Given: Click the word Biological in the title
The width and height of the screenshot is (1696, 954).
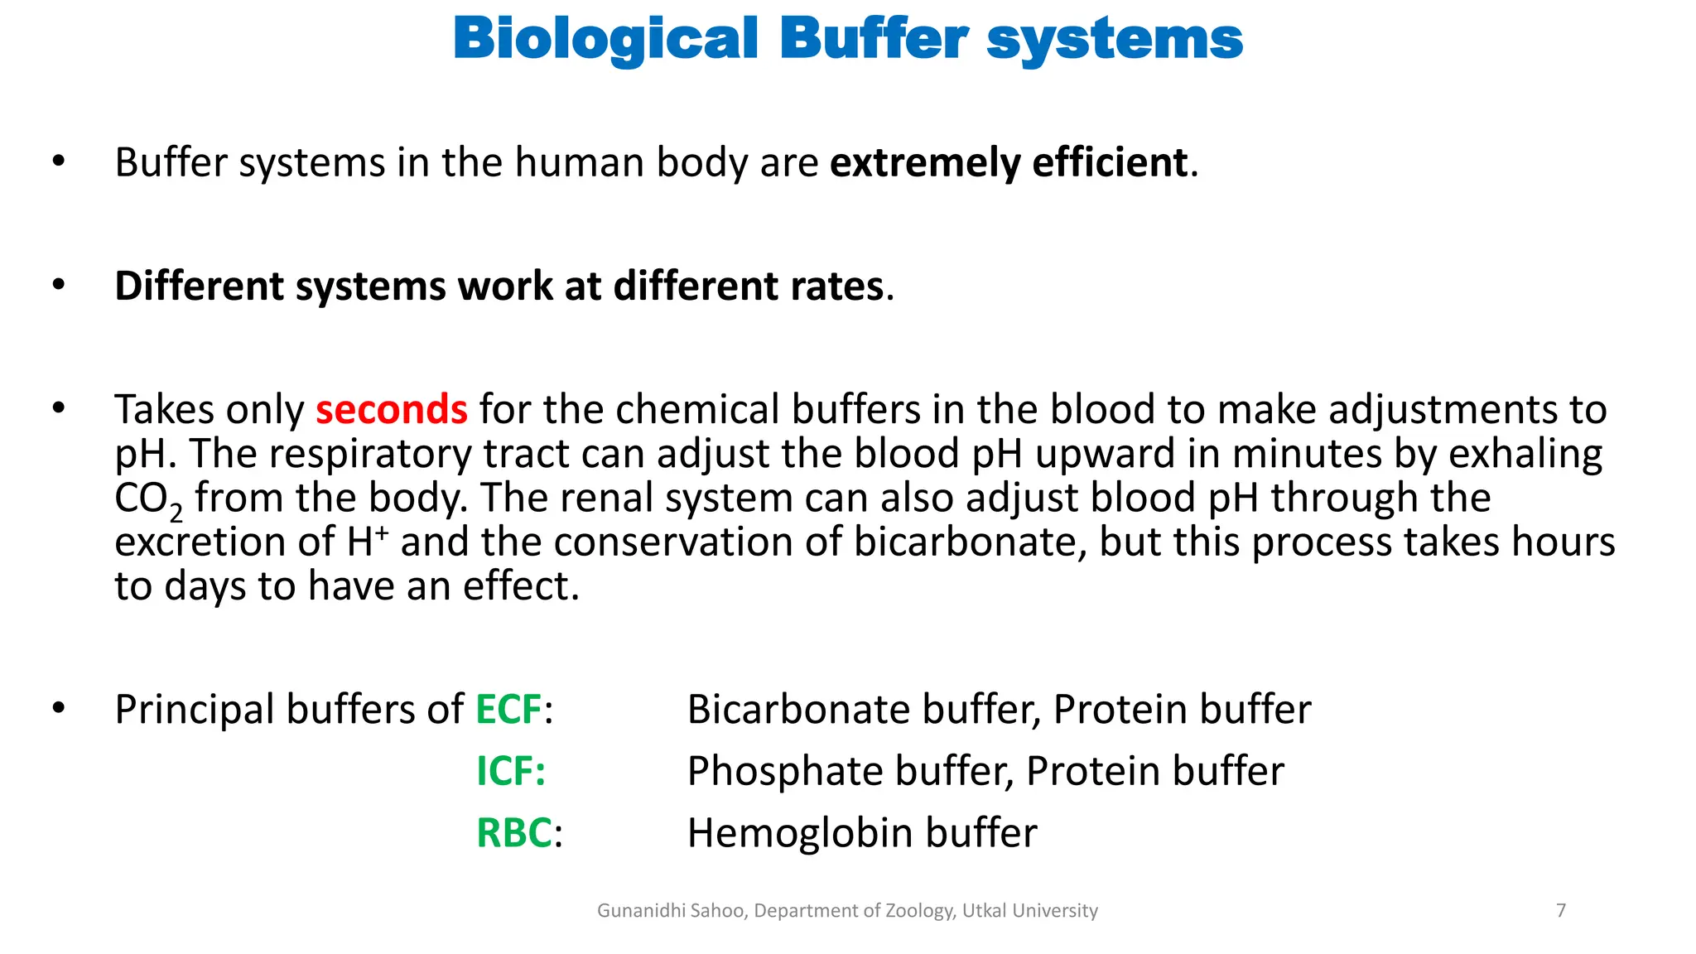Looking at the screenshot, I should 605,40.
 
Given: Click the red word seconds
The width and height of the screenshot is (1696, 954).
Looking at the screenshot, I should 392,410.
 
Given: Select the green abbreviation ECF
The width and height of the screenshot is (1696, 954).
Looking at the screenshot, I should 508,710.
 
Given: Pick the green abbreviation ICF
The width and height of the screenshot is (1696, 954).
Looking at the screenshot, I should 510,772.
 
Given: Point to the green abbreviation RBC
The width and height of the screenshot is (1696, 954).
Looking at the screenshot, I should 514,833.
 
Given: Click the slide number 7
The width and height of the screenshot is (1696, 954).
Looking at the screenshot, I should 1561,911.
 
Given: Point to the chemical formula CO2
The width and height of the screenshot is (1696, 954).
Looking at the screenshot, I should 148,499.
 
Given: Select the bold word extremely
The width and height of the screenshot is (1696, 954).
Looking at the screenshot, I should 924,162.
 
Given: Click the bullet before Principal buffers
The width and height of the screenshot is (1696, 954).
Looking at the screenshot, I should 58,708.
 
